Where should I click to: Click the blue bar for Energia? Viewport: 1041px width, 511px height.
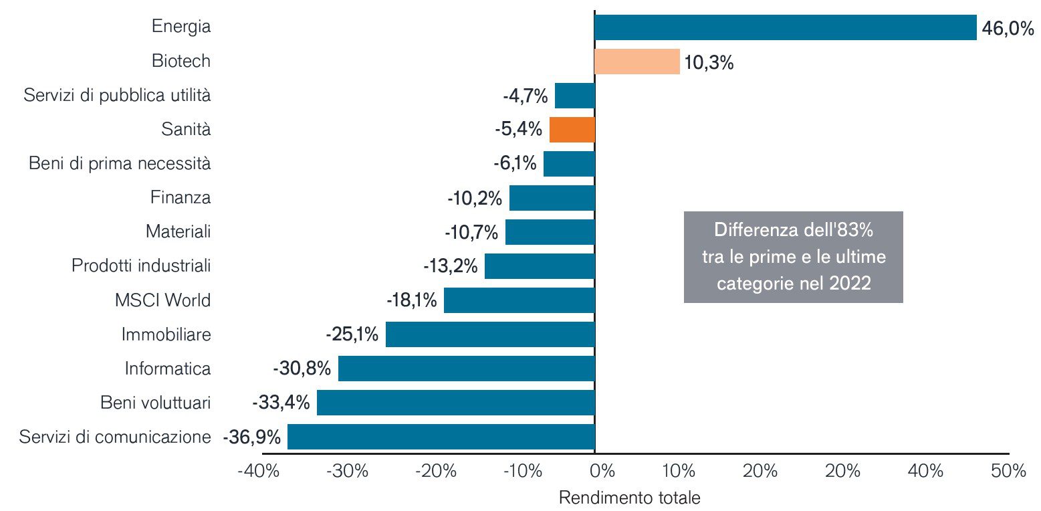(x=785, y=27)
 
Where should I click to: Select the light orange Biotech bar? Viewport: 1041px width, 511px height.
(x=637, y=62)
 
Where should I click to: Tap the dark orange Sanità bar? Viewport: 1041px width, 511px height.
(x=572, y=130)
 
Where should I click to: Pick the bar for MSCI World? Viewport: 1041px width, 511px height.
(x=519, y=300)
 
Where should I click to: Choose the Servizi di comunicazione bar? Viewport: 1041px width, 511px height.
(x=441, y=437)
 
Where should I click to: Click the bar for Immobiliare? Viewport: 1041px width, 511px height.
(x=489, y=334)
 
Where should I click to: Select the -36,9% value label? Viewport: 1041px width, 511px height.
(x=251, y=437)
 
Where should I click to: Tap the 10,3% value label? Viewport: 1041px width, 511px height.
(x=709, y=64)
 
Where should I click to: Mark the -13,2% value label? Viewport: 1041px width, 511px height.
(x=450, y=266)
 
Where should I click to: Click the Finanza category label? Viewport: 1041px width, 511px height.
(x=180, y=198)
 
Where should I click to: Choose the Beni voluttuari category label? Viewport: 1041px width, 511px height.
(x=155, y=403)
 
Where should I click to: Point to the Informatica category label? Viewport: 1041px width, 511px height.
(x=167, y=369)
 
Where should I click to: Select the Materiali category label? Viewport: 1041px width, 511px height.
(x=178, y=232)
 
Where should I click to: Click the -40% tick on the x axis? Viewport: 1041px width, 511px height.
(x=258, y=472)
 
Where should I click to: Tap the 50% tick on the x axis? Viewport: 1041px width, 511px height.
(x=1008, y=472)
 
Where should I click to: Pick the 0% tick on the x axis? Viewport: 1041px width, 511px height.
(x=602, y=472)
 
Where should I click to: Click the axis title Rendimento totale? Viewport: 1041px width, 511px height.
(x=629, y=498)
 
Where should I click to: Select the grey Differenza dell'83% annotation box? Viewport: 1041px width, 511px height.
(x=793, y=257)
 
